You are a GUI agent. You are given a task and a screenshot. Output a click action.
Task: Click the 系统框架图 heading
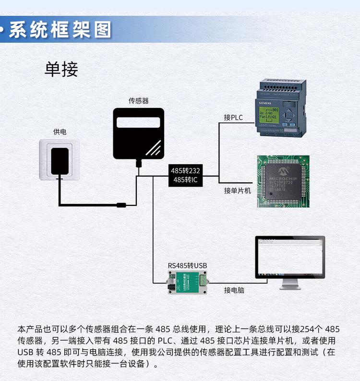tap(60, 30)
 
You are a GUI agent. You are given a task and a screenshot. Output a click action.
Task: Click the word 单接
tap(61, 70)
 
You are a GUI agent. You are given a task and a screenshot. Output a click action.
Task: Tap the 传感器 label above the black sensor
tap(138, 101)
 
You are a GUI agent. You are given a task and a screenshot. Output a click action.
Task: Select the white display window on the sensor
tap(138, 122)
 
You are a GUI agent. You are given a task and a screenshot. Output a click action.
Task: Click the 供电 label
tap(60, 131)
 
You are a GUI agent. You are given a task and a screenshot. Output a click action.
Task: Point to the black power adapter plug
tap(60, 162)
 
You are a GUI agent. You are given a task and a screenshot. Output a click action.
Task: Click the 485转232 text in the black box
tap(186, 170)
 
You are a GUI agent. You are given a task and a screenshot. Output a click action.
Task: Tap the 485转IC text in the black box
tap(186, 180)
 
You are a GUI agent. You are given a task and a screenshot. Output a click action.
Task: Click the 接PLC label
tap(233, 118)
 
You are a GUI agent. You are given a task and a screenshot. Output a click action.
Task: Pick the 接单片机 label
tap(237, 190)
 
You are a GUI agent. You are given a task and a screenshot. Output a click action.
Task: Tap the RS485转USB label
tap(187, 265)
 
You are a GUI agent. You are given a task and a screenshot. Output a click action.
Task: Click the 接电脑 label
tap(234, 290)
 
